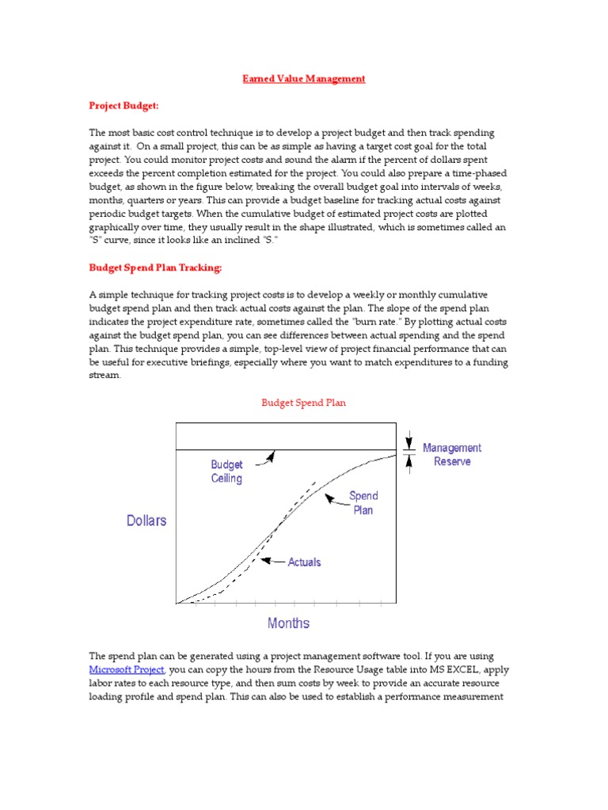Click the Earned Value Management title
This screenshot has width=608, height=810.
tap(303, 79)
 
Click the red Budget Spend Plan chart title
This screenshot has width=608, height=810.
tap(303, 403)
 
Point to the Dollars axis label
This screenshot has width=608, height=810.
tap(146, 521)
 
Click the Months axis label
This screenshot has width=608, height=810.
tap(288, 623)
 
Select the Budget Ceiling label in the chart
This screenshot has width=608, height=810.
tap(226, 471)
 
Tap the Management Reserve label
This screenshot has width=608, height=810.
tap(451, 454)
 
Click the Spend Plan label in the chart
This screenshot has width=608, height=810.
tap(363, 502)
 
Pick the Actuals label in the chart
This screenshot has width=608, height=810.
tap(304, 562)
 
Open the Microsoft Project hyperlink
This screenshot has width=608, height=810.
tap(127, 669)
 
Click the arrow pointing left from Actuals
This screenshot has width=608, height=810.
tap(272, 561)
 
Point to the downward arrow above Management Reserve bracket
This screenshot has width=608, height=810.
tap(409, 439)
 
